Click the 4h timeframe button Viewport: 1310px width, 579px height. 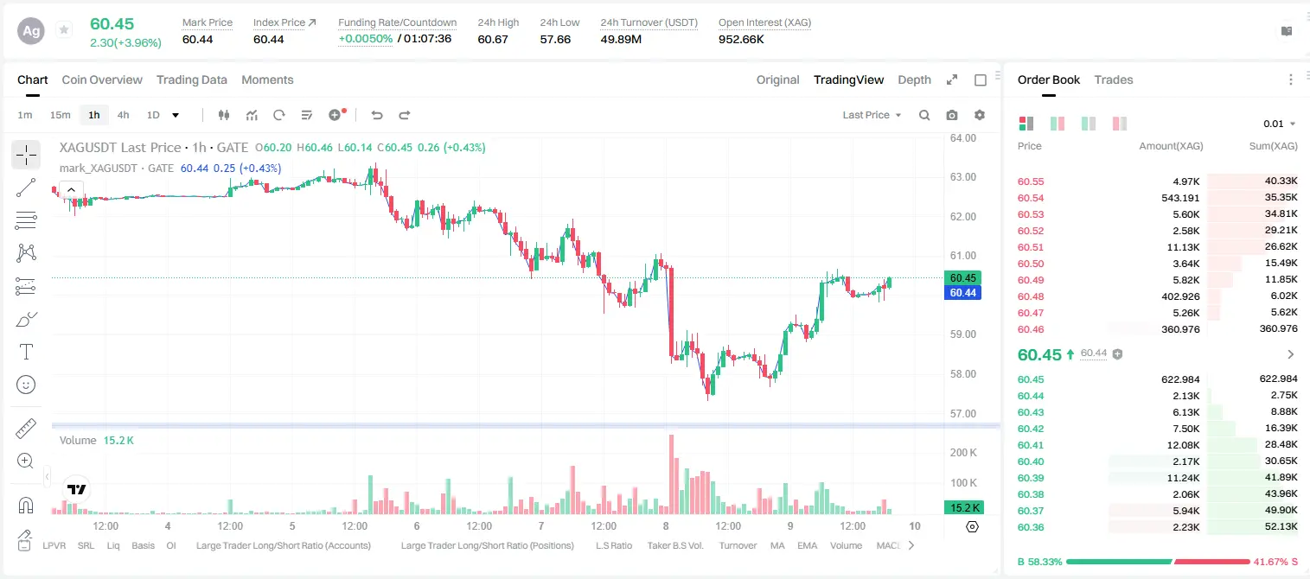[x=123, y=115]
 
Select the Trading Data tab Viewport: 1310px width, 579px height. [x=192, y=80]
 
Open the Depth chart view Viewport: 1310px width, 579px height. [x=914, y=80]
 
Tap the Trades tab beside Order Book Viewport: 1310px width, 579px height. [x=1114, y=80]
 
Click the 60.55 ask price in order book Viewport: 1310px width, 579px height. [x=1031, y=181]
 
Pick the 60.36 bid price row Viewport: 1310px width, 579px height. [x=1031, y=527]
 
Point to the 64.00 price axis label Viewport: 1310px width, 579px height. [x=963, y=138]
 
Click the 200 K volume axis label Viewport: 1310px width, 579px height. [x=963, y=453]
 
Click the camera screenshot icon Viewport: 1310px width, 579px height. [x=952, y=115]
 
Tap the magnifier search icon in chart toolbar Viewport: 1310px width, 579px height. [x=924, y=115]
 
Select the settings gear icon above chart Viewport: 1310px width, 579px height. [x=980, y=115]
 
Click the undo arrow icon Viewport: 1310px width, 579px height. [x=377, y=115]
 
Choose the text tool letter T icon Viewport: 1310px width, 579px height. [x=26, y=352]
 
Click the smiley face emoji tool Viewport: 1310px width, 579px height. [x=26, y=385]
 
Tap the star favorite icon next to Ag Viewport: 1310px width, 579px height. [x=64, y=29]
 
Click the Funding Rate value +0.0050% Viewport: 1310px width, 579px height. [x=366, y=39]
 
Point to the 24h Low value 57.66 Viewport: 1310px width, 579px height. [x=555, y=39]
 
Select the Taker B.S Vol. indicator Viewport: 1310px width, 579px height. [x=674, y=545]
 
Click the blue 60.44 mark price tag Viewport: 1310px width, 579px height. [x=962, y=293]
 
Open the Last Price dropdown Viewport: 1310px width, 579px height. [x=872, y=115]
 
